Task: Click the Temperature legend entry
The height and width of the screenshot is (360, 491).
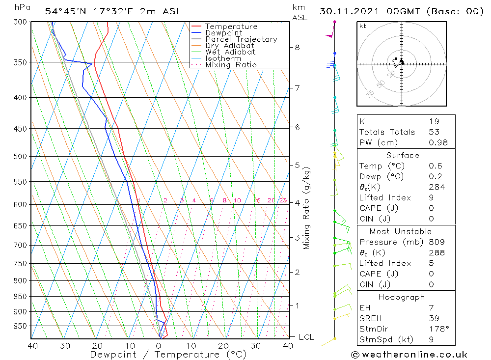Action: tap(231, 27)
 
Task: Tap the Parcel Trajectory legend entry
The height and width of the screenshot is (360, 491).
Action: tap(241, 39)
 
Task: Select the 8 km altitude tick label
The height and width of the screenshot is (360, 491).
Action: tap(297, 48)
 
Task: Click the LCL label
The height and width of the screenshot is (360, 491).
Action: tap(306, 337)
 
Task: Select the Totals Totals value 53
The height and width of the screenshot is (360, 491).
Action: tap(434, 132)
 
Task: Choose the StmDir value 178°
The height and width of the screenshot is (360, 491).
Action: tap(434, 329)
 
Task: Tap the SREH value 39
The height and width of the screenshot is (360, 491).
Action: tap(434, 318)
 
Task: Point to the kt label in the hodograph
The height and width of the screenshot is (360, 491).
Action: tap(363, 26)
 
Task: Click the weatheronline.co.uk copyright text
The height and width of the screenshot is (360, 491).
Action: tap(409, 354)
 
